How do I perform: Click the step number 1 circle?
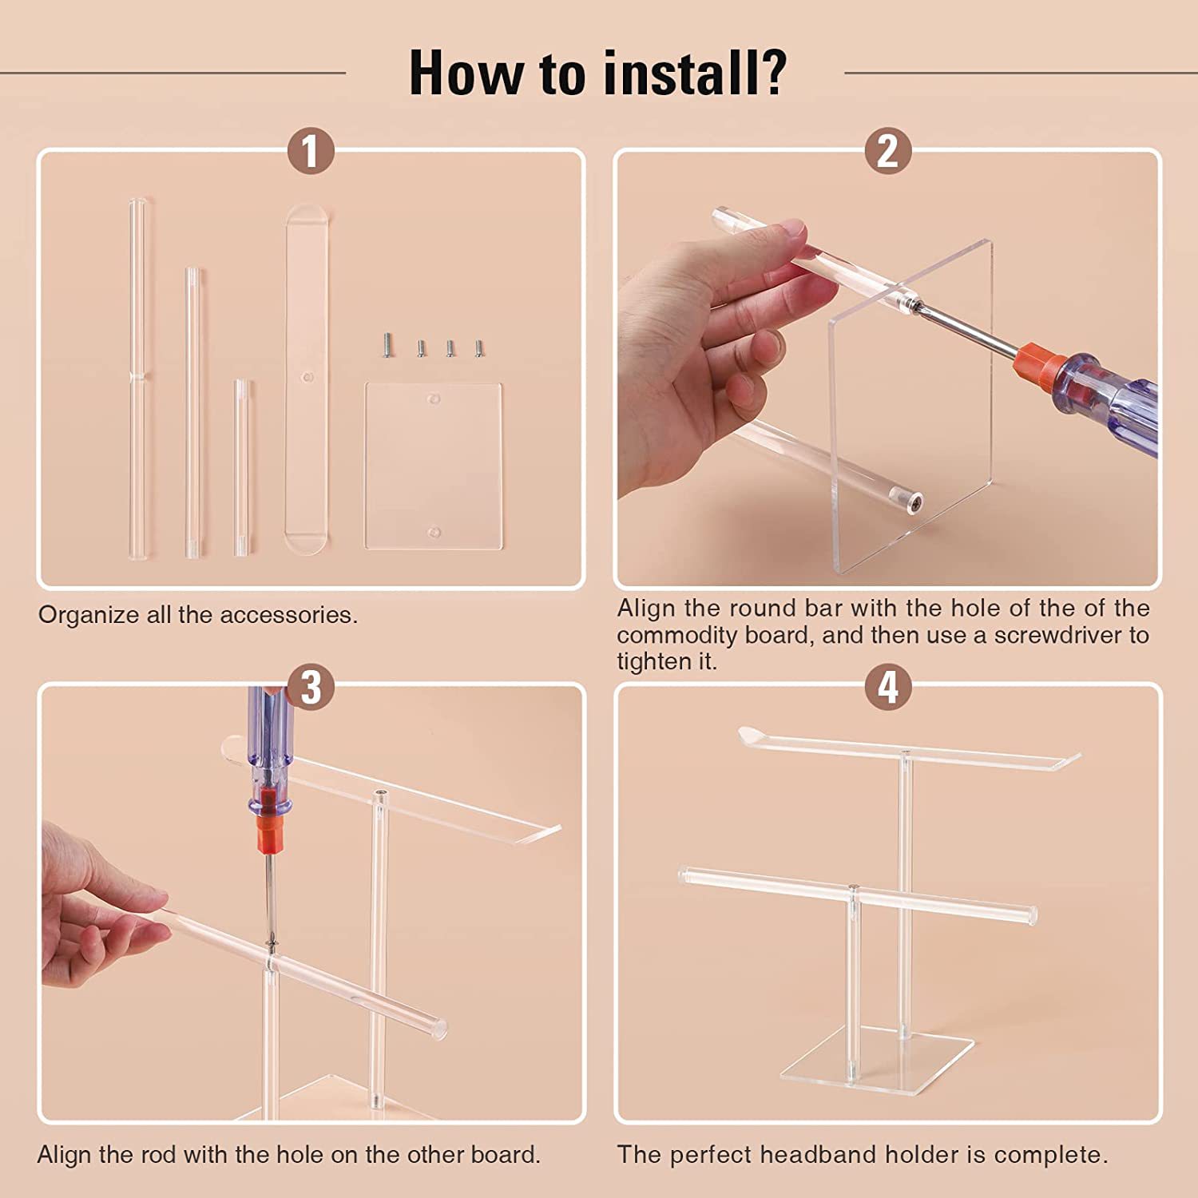point(311,151)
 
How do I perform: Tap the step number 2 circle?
point(888,151)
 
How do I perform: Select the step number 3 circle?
point(311,687)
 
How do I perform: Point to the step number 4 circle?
point(888,687)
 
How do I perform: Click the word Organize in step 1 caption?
point(89,616)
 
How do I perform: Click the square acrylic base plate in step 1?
point(434,466)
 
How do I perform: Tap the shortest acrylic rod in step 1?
point(241,467)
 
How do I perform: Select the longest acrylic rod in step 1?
point(138,378)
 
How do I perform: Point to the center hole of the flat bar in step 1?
point(307,375)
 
